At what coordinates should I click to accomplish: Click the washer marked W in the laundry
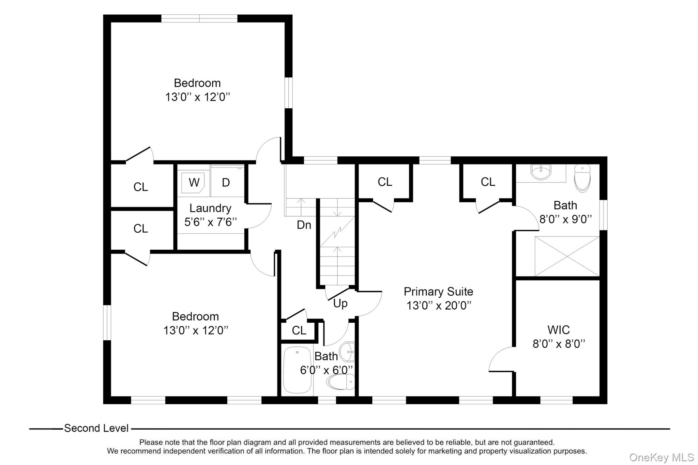[194, 182]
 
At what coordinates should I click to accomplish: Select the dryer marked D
[226, 183]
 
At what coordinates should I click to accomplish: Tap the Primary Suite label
[438, 292]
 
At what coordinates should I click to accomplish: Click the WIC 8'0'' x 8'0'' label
[559, 337]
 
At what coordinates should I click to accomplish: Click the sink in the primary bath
[541, 172]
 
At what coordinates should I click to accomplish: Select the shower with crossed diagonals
[567, 256]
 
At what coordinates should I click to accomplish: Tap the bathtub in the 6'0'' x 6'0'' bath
[298, 370]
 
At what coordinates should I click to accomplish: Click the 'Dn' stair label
[304, 225]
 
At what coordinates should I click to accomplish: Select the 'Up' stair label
[340, 303]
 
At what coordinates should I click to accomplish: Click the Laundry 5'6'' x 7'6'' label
[210, 215]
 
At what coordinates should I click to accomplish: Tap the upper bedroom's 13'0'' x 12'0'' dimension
[198, 97]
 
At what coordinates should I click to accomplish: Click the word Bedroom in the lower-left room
[195, 316]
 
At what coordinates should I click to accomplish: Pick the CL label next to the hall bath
[299, 330]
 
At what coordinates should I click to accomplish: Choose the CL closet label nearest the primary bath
[488, 182]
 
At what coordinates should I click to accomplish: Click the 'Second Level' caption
[96, 428]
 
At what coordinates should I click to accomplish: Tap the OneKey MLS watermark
[661, 457]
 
